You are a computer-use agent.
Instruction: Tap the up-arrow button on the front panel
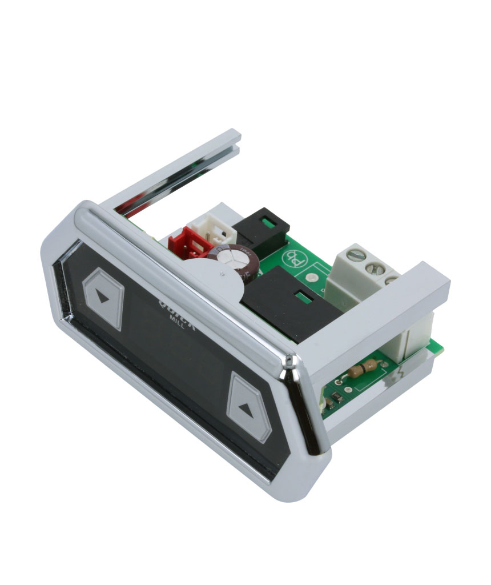pos(249,406)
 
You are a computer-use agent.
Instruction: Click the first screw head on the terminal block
pos(354,252)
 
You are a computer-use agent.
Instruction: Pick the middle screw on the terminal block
pos(375,267)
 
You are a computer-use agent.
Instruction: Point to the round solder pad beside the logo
pos(311,280)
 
